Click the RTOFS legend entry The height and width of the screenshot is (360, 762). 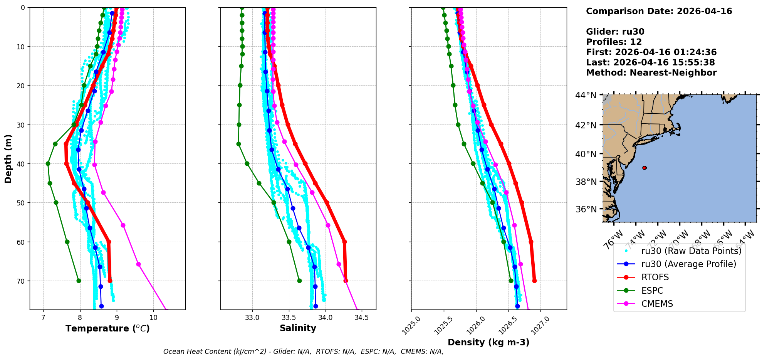click(655, 278)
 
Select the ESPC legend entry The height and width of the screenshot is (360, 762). click(652, 291)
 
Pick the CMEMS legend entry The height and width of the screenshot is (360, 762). click(657, 304)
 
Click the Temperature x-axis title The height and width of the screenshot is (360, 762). click(107, 328)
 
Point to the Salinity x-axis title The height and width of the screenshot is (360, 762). click(298, 328)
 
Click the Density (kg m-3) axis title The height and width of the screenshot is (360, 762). click(488, 342)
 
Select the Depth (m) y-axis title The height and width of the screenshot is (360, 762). click(8, 158)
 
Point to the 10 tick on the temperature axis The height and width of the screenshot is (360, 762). click(153, 318)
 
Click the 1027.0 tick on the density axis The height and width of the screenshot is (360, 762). click(539, 324)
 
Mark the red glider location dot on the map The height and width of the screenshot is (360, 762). click(645, 168)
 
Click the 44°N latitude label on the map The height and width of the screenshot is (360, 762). click(586, 95)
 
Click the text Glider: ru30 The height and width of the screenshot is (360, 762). click(615, 32)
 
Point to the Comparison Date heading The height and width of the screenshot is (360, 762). click(659, 11)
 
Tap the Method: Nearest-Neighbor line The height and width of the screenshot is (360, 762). click(651, 73)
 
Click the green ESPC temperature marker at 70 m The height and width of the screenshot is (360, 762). click(79, 281)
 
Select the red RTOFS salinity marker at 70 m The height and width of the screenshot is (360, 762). click(346, 281)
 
